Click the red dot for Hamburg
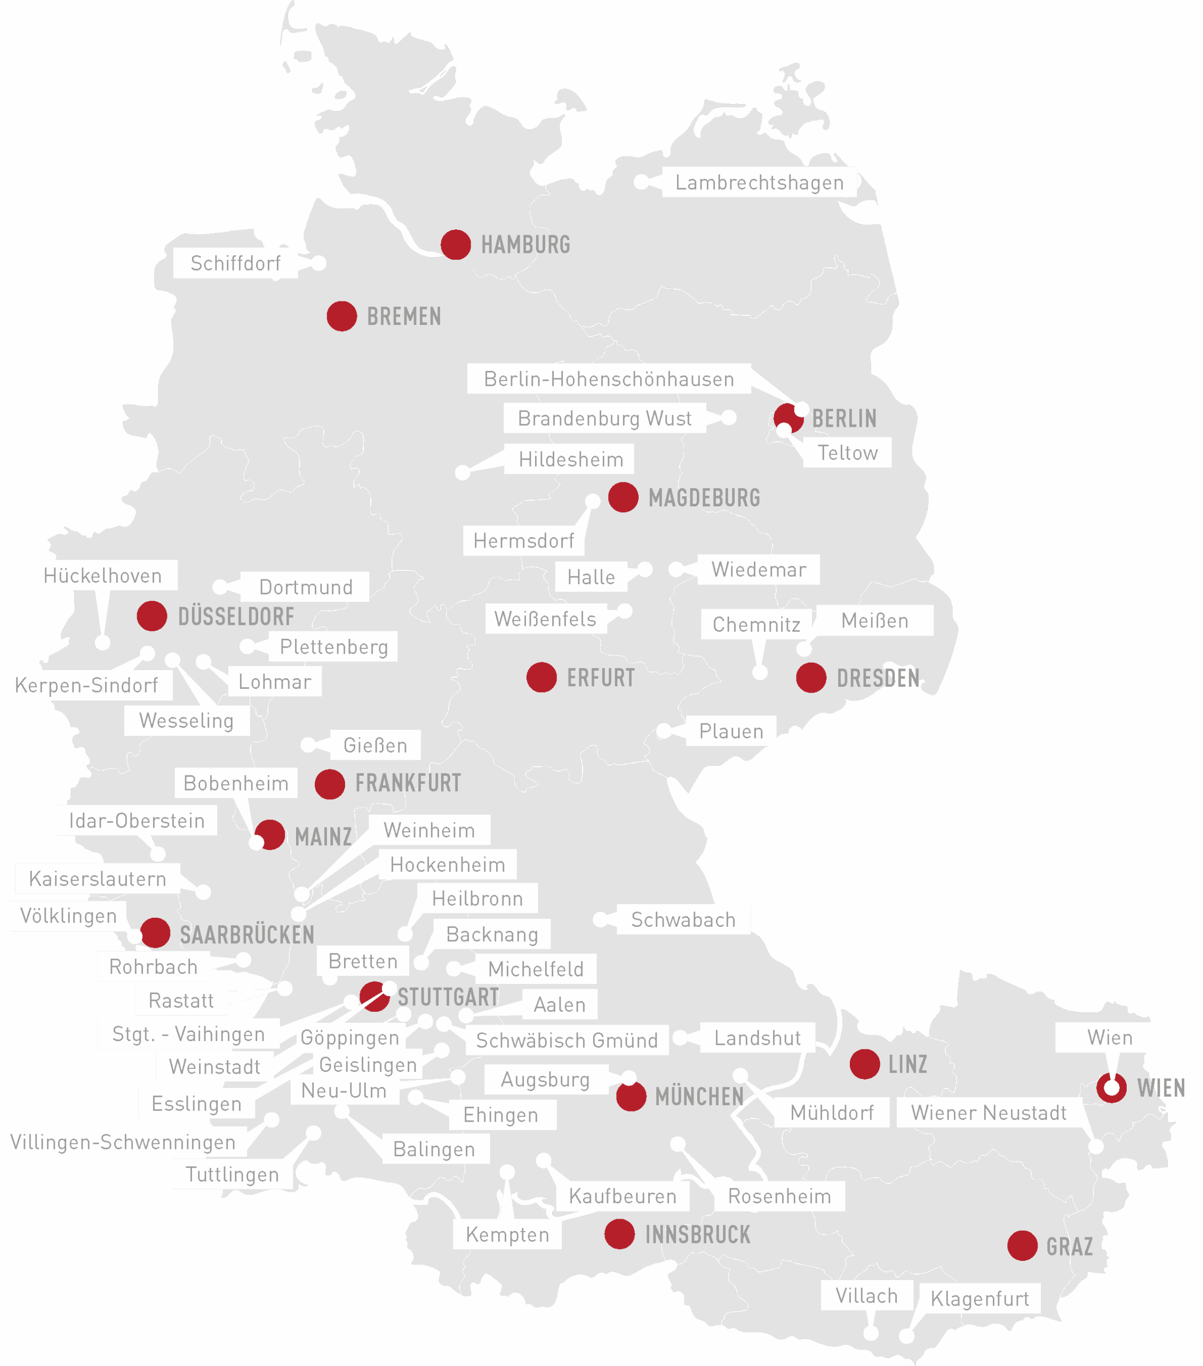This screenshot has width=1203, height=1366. tap(456, 244)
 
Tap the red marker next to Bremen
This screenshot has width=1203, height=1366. tap(341, 316)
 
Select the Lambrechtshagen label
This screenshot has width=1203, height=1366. tap(759, 182)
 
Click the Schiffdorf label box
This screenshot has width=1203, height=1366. tap(235, 263)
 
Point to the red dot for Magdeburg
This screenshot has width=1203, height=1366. tap(623, 497)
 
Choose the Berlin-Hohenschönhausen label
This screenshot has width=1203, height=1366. tap(609, 379)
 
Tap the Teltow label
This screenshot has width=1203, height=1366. tap(847, 453)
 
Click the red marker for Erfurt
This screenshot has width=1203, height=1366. tap(541, 678)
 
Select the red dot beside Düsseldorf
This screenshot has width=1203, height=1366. tap(152, 616)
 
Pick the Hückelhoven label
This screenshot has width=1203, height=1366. tap(102, 575)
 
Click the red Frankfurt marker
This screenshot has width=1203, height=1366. tap(330, 784)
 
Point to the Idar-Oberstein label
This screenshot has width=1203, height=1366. tap(137, 821)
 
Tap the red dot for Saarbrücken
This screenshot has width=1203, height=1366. tap(155, 933)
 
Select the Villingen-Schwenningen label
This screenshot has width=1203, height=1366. tap(123, 1142)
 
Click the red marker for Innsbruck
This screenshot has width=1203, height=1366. tap(619, 1234)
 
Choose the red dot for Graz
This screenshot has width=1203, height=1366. tap(1022, 1246)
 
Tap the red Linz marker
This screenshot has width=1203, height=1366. tap(864, 1064)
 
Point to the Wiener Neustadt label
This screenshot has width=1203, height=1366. tap(989, 1113)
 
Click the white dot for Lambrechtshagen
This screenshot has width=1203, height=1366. tap(641, 182)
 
